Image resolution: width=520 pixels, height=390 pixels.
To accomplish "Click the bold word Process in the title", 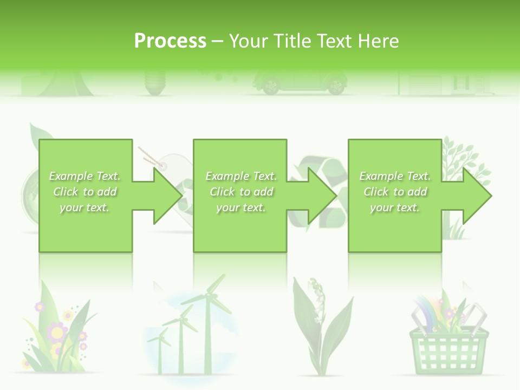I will click(x=170, y=41).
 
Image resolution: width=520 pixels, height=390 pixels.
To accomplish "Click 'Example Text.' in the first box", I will click(x=85, y=176).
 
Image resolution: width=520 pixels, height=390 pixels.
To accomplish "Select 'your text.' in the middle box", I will click(x=241, y=207).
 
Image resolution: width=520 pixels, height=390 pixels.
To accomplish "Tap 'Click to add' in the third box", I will click(x=395, y=192).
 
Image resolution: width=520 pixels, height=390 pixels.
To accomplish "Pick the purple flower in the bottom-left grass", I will click(x=56, y=330).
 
